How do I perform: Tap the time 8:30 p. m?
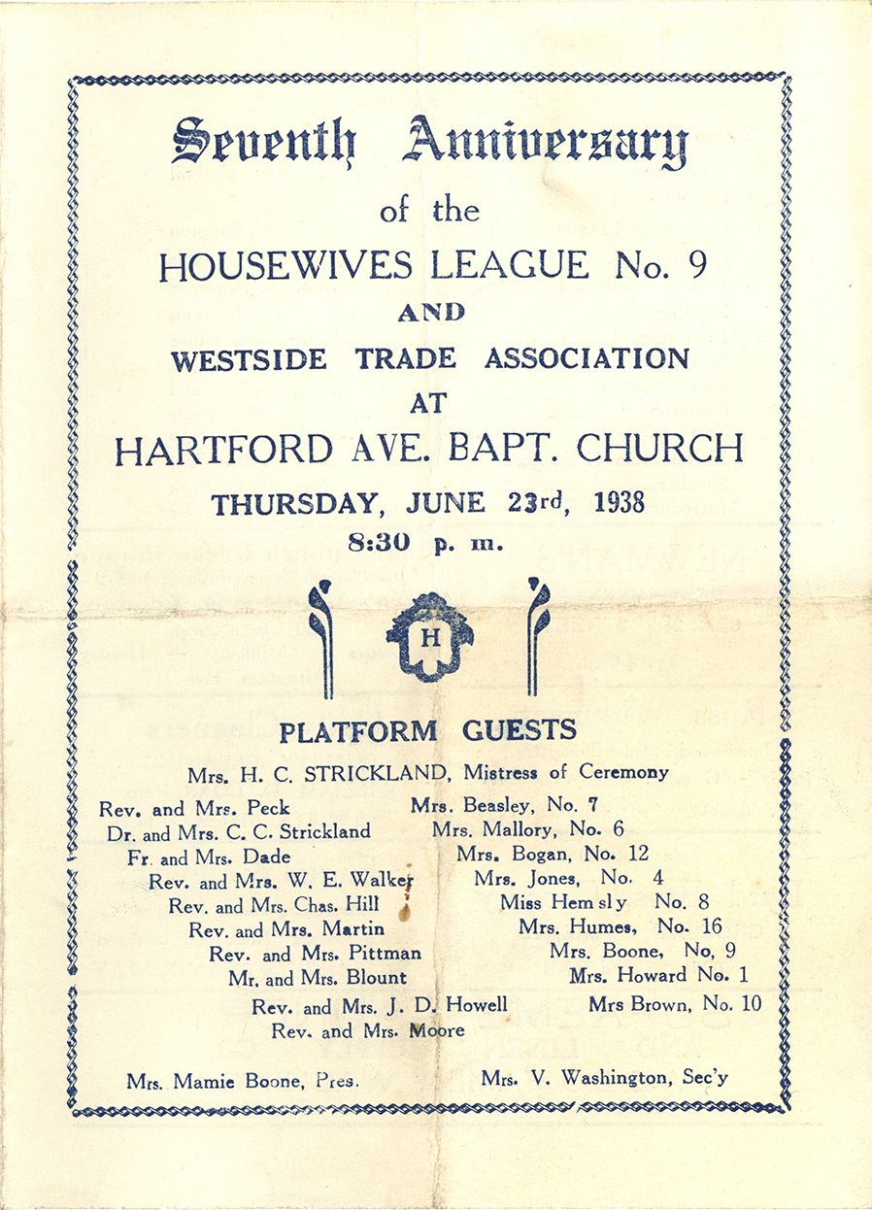[425, 544]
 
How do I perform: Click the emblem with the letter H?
[430, 637]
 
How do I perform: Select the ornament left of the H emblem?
[320, 637]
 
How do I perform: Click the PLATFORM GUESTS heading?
[427, 730]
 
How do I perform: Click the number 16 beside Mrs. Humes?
[710, 927]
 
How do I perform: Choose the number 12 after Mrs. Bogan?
[638, 854]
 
